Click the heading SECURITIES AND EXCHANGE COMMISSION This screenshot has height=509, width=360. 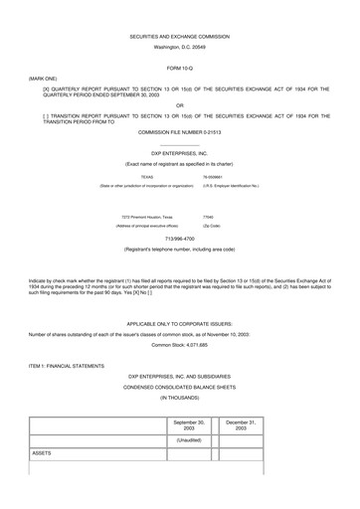[179, 36]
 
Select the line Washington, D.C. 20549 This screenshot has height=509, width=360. [179, 47]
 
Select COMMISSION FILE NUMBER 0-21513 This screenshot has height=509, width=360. [179, 130]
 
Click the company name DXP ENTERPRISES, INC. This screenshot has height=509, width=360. [179, 153]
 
